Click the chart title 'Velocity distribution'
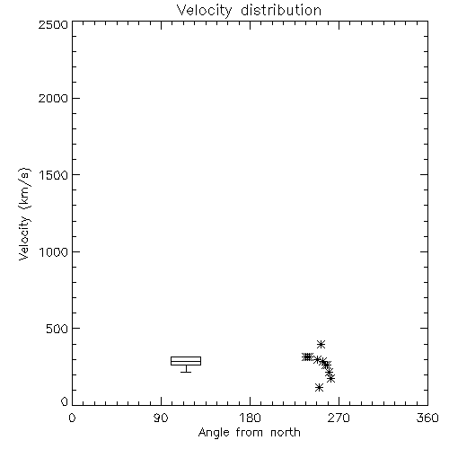[x=249, y=10]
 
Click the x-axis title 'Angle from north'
[x=249, y=433]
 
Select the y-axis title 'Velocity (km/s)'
[x=24, y=214]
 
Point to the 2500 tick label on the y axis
[x=53, y=24]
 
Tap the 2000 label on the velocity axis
[x=53, y=98]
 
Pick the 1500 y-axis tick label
[x=54, y=175]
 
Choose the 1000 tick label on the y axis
[x=54, y=251]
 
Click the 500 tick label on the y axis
[x=57, y=329]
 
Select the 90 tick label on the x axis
[x=161, y=418]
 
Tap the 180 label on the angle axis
[x=250, y=418]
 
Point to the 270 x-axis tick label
[x=339, y=418]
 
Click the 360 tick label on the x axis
[x=427, y=418]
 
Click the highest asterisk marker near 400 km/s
[x=321, y=344]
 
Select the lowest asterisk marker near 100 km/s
[x=319, y=388]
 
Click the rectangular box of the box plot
[x=186, y=357]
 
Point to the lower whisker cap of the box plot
[x=186, y=372]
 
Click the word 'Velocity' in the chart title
[x=205, y=11]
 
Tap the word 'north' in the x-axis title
[x=286, y=433]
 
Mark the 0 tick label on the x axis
[x=72, y=418]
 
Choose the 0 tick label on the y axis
[x=65, y=401]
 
